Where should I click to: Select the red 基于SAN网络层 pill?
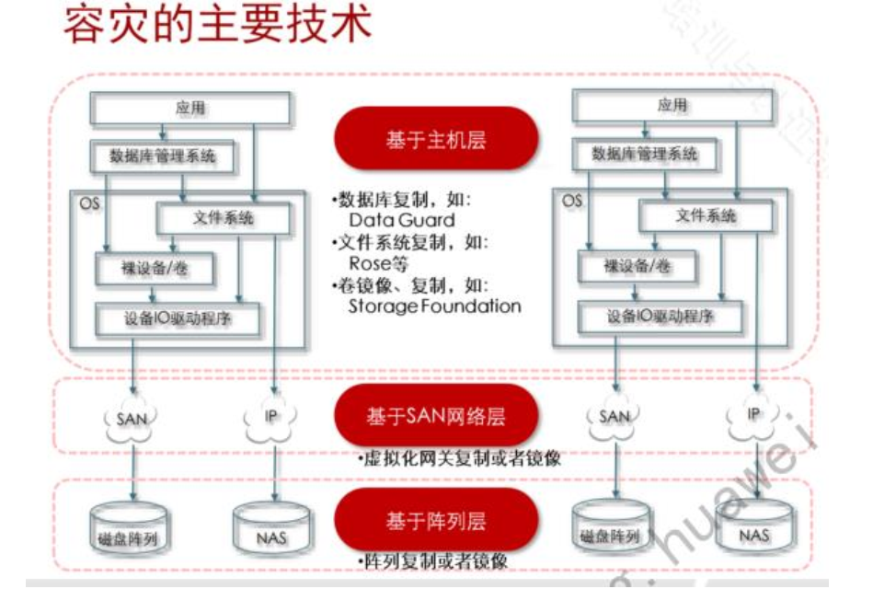coord(435,415)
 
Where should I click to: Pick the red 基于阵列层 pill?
coord(435,520)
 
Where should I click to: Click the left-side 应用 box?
coord(190,109)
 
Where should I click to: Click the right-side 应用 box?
coord(672,105)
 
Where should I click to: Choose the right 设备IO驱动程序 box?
coord(660,318)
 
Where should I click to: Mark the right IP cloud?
coord(753,415)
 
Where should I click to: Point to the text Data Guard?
coord(401,221)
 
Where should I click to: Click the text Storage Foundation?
coord(433,306)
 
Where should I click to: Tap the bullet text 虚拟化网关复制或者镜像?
coord(461,458)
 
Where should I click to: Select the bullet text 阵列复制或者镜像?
coord(433,560)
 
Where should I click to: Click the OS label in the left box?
coord(90,202)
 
